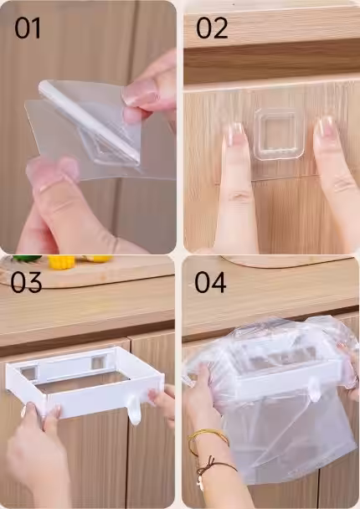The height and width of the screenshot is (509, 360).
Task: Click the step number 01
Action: tap(28, 28)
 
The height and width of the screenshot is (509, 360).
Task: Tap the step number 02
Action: tap(212, 28)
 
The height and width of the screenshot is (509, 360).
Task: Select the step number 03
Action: tap(26, 282)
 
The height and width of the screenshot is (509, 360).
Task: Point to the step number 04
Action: tap(210, 282)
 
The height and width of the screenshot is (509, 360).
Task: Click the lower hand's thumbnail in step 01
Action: tap(53, 169)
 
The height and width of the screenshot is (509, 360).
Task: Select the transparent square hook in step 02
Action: tap(279, 134)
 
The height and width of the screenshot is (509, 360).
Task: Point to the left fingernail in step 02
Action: tap(235, 134)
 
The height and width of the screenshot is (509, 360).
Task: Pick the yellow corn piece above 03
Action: tap(61, 262)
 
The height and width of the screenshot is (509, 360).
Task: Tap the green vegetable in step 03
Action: tap(27, 259)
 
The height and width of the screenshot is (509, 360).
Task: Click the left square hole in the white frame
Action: tap(28, 373)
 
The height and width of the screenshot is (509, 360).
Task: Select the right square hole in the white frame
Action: tap(99, 362)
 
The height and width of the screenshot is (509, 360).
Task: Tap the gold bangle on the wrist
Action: tap(208, 439)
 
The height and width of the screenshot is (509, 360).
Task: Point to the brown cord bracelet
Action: tap(216, 468)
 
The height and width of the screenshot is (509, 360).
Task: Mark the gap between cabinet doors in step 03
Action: tap(129, 422)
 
